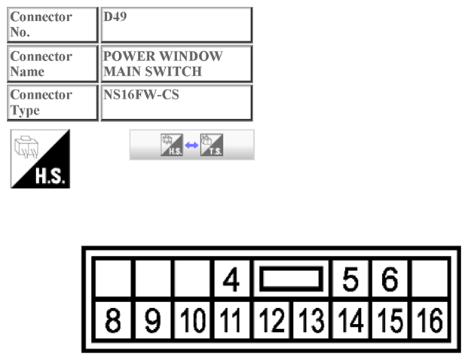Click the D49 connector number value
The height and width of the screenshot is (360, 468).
tap(115, 17)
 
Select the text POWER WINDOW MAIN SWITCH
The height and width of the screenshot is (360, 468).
tap(163, 63)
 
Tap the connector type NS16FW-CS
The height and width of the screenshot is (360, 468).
tap(141, 95)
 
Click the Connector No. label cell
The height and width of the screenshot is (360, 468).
tap(53, 24)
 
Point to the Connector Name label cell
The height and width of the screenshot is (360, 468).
tap(53, 63)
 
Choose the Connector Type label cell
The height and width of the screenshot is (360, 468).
tap(53, 102)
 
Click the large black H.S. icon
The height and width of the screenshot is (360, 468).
tap(40, 159)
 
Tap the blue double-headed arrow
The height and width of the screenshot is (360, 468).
tap(191, 145)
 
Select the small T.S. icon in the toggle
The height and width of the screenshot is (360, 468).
tap(212, 145)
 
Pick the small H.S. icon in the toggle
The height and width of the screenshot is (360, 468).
tap(172, 145)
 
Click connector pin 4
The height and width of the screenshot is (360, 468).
tap(231, 279)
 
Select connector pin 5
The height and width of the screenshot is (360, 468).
tap(350, 279)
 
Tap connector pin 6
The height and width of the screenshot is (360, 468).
tap(390, 279)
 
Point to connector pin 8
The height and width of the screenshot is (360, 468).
tap(113, 320)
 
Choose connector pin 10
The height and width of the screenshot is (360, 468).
tap(192, 320)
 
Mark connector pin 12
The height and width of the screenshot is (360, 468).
tap(271, 320)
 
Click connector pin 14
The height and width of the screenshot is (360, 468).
tap(350, 320)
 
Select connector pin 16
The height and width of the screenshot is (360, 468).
tap(430, 320)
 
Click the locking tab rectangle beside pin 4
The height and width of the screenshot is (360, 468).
tap(292, 269)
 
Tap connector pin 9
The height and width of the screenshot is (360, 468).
tap(153, 320)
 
